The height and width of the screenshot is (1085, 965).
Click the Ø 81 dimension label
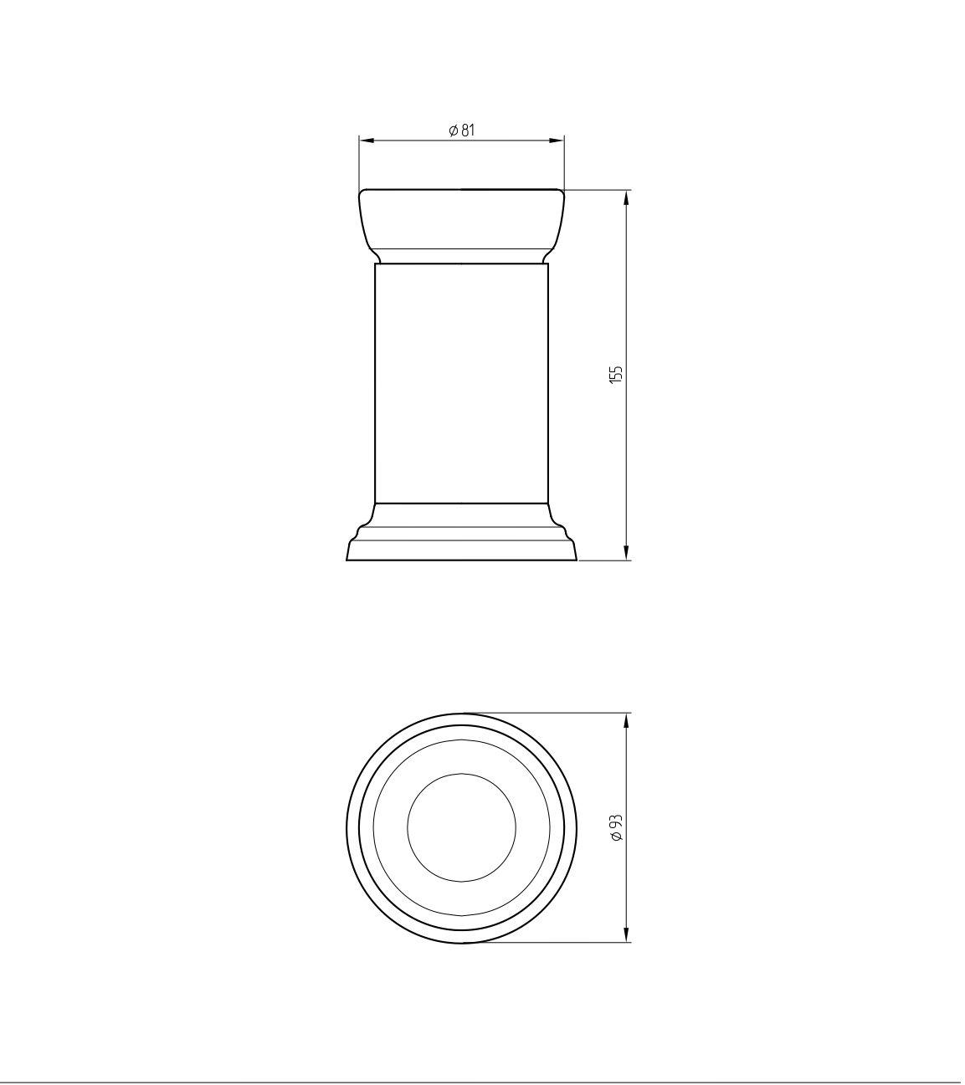[x=462, y=131]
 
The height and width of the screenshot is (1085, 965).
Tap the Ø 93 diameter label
[x=617, y=828]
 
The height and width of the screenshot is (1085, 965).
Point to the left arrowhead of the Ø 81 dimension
[x=366, y=141]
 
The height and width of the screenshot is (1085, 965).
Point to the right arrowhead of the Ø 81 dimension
[x=557, y=141]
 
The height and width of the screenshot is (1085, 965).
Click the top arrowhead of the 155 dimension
[x=626, y=197]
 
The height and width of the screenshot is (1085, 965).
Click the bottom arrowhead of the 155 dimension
[x=626, y=553]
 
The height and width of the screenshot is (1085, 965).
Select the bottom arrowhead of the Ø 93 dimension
[x=626, y=935]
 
